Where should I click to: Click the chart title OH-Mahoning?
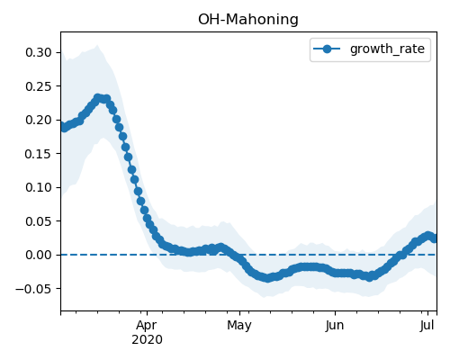248,20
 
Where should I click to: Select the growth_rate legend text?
387,49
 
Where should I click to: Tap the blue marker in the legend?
327,49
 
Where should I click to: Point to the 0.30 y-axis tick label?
39,52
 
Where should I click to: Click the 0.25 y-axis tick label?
39,86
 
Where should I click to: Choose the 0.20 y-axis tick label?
39,120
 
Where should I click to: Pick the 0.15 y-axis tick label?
39,154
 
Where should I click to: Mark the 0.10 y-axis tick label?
39,187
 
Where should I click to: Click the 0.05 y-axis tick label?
39,221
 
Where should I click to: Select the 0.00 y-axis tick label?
39,255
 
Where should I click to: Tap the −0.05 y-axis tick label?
33,289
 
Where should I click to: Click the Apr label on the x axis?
147,326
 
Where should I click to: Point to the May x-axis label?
239,326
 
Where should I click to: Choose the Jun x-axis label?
335,325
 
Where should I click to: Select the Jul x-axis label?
427,325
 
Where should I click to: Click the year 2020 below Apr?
147,339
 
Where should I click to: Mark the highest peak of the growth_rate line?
97,97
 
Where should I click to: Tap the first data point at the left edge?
62,126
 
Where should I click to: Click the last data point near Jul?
434,238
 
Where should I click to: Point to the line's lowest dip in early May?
267,278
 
